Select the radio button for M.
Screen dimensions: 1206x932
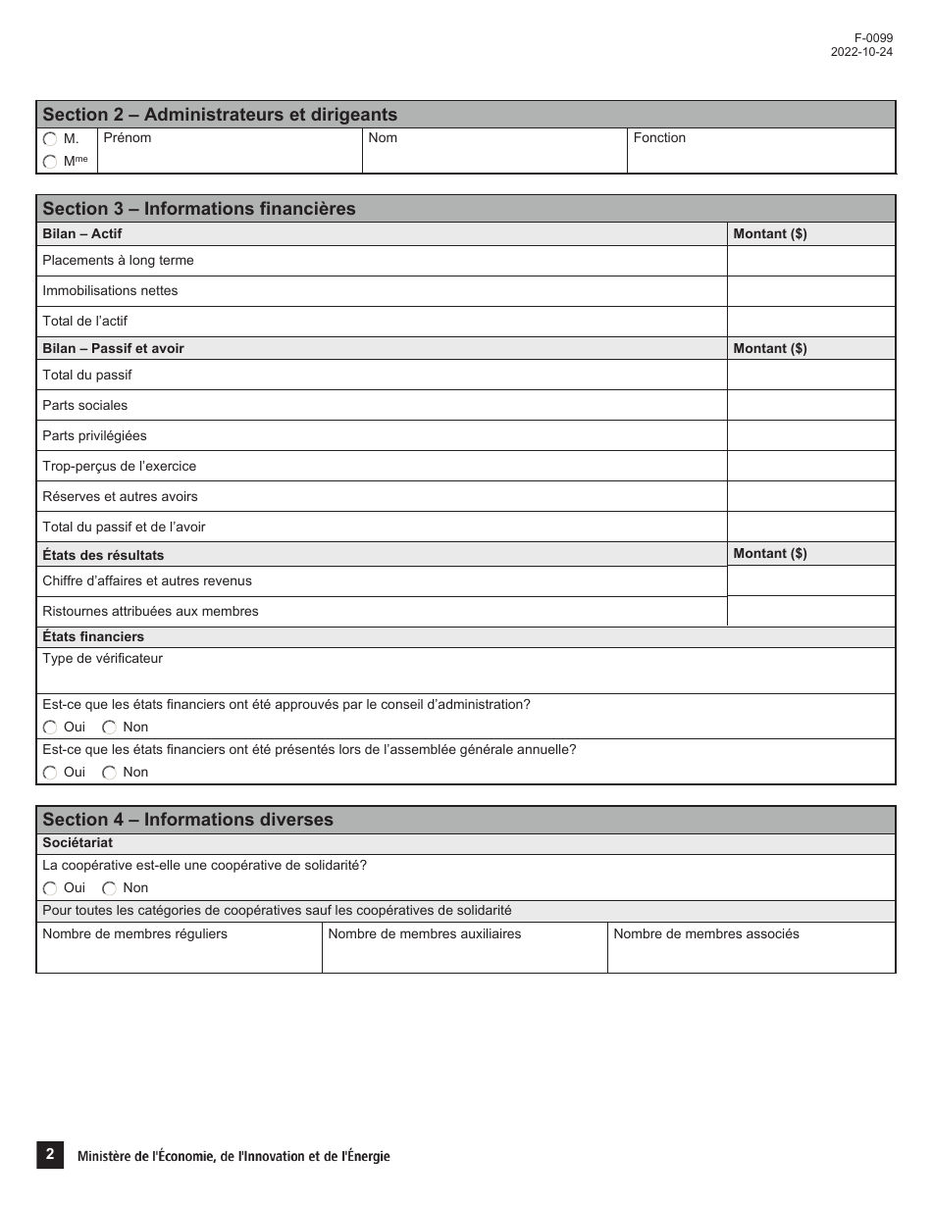50,139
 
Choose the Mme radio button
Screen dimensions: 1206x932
50,162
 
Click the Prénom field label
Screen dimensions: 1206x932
128,138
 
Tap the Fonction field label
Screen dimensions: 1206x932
659,138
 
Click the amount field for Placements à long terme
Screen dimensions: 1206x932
810,261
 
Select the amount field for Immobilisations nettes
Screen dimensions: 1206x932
810,291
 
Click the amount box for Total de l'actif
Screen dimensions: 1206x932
810,322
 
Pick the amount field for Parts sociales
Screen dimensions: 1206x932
810,406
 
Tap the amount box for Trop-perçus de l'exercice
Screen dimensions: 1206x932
810,467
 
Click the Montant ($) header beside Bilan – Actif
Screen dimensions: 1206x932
770,234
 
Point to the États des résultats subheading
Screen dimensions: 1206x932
103,555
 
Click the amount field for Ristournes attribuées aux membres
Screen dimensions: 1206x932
810,612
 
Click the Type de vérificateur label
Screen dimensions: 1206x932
103,659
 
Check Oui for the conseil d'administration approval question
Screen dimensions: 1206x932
50,728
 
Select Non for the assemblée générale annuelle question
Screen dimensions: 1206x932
110,773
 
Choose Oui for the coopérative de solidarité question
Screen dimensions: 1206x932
50,888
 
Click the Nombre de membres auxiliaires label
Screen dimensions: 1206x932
425,934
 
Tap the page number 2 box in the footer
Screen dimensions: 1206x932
50,1155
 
